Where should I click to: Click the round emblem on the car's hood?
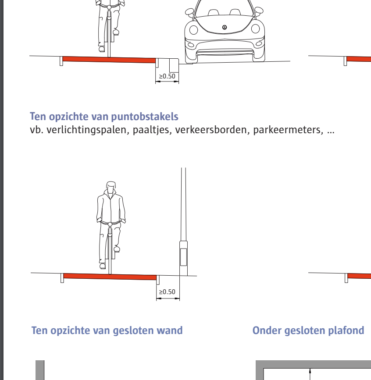(225, 27)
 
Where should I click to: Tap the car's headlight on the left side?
(193, 30)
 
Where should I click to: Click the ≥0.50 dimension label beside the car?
(167, 76)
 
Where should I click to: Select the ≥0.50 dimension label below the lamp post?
(167, 292)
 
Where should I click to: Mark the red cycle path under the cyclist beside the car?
(109, 60)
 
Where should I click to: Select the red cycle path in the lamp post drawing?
(110, 277)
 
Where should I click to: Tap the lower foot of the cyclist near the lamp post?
(102, 266)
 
